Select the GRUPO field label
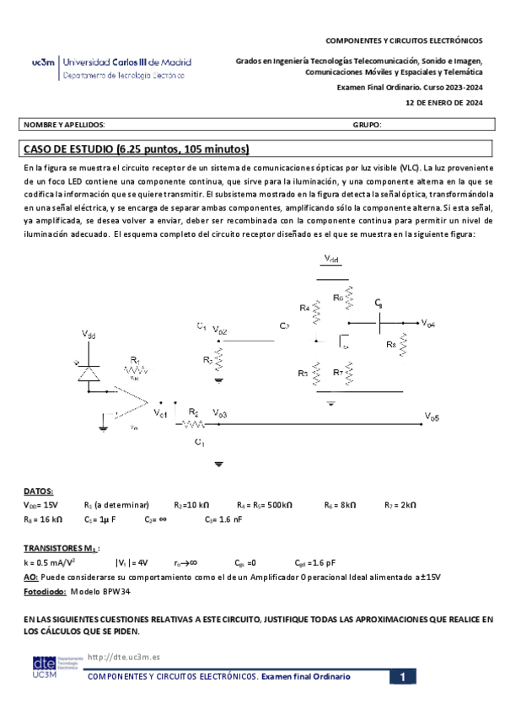point(368,125)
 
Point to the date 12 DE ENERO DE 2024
point(444,103)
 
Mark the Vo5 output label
point(431,416)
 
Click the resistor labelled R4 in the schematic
point(317,312)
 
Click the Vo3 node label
point(219,413)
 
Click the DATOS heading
point(38,491)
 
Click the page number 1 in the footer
point(403,677)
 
